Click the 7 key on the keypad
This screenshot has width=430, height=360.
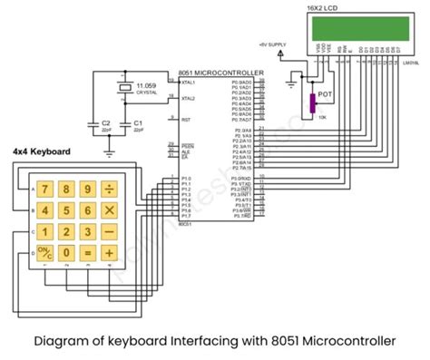click(x=43, y=190)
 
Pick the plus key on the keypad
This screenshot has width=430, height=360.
click(x=110, y=253)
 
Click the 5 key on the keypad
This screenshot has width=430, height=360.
click(x=65, y=210)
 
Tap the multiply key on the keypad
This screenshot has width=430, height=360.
click(x=110, y=210)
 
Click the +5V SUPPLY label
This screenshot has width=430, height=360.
click(x=273, y=44)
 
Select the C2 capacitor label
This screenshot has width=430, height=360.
click(x=105, y=122)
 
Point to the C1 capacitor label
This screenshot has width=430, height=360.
click(x=137, y=122)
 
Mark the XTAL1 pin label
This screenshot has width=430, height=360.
click(x=188, y=82)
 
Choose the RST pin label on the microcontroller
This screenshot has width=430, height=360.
click(x=186, y=118)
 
